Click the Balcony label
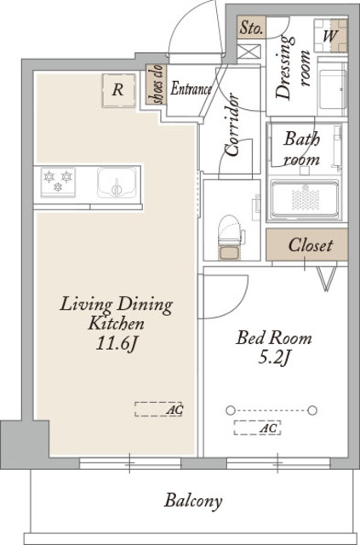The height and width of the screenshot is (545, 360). pos(193,502)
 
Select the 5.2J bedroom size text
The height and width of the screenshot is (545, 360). pos(274,358)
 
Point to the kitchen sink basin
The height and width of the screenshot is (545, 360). pos(117,183)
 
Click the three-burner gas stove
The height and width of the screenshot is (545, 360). pos(58,181)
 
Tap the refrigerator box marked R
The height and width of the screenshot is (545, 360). pos(118,90)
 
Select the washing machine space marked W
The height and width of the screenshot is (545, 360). pos(331,36)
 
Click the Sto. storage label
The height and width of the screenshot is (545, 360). pos(251,28)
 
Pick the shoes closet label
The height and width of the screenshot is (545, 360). pos(157,84)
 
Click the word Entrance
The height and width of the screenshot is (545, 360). pos(191,89)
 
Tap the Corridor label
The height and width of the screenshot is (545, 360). pos(232,125)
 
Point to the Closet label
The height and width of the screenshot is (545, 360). pos(311,245)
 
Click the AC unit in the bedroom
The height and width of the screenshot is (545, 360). pos(258,427)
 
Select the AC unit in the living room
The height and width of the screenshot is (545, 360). pos(158,409)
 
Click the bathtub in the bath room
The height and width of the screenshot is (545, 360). pos(305,199)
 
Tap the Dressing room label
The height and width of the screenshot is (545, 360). pos(292,68)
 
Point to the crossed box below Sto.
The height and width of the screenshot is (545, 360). pos(249,52)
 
